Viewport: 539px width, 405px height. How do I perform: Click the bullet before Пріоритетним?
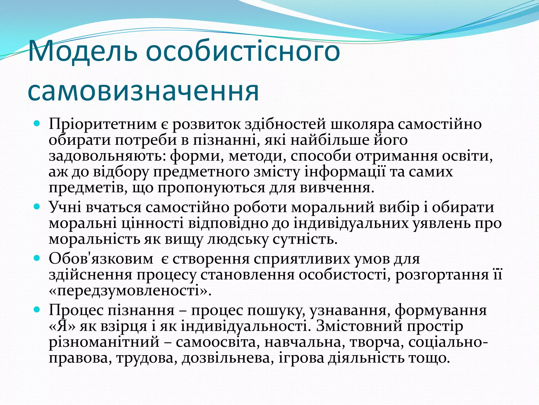pos(37,123)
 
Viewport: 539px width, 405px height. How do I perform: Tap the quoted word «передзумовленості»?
pos(130,291)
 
